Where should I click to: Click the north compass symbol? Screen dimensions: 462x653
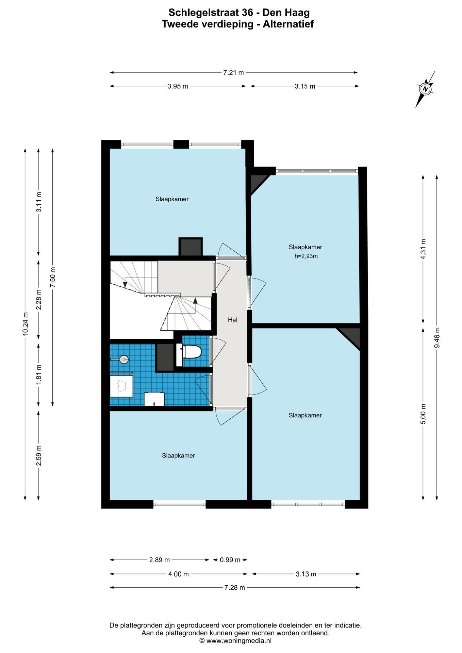425,89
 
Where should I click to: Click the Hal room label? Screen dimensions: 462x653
233,320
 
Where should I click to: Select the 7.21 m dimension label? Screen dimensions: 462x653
233,72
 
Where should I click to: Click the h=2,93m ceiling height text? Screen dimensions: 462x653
306,256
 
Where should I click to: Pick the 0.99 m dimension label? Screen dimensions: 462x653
230,560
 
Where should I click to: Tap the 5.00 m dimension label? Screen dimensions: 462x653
423,414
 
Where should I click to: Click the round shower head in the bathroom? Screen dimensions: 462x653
124,358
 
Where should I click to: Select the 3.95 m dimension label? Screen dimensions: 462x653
178,86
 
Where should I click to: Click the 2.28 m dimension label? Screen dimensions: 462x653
39,299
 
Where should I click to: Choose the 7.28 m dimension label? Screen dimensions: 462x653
235,588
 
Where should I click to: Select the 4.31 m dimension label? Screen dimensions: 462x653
423,249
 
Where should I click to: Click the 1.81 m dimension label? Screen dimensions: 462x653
39,374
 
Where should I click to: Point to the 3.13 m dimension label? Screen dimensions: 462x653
306,574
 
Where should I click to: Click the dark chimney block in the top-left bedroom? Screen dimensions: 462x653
191,247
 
